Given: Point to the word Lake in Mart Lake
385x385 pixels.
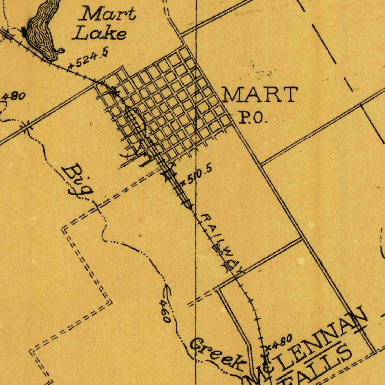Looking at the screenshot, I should [100, 34].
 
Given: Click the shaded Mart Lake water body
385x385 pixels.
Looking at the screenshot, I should [43, 28].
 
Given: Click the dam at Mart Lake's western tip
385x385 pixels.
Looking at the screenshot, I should [25, 33].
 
